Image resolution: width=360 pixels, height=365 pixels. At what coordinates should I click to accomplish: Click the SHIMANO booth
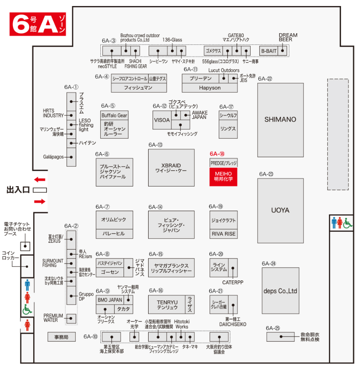coord(280,120)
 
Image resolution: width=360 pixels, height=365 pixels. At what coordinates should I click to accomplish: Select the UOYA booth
coord(280,210)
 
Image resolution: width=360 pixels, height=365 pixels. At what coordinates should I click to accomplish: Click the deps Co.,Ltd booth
coord(280,291)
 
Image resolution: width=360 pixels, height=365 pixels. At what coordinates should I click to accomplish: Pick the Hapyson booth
coord(210,87)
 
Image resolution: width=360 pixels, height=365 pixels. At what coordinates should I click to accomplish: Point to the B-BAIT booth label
coord(269,51)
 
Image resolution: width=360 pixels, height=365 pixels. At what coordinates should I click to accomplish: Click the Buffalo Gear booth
coord(114,115)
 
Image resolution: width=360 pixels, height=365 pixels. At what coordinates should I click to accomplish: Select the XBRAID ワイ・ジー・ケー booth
coord(171,168)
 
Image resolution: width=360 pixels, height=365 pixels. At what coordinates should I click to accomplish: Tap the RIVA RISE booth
coord(223,234)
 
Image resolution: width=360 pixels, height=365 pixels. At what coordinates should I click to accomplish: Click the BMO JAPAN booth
coord(110,299)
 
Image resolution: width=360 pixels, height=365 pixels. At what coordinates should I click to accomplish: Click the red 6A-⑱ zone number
coord(217,153)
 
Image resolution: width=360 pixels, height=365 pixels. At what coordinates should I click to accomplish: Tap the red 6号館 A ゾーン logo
coord(38,24)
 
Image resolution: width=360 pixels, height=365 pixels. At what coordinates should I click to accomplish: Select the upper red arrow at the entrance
coord(40,179)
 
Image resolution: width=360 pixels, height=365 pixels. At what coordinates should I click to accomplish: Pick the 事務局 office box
coord(61,337)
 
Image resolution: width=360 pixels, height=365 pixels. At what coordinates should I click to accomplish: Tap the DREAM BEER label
coord(288,37)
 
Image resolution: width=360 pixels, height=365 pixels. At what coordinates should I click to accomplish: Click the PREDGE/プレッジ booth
coord(223,163)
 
